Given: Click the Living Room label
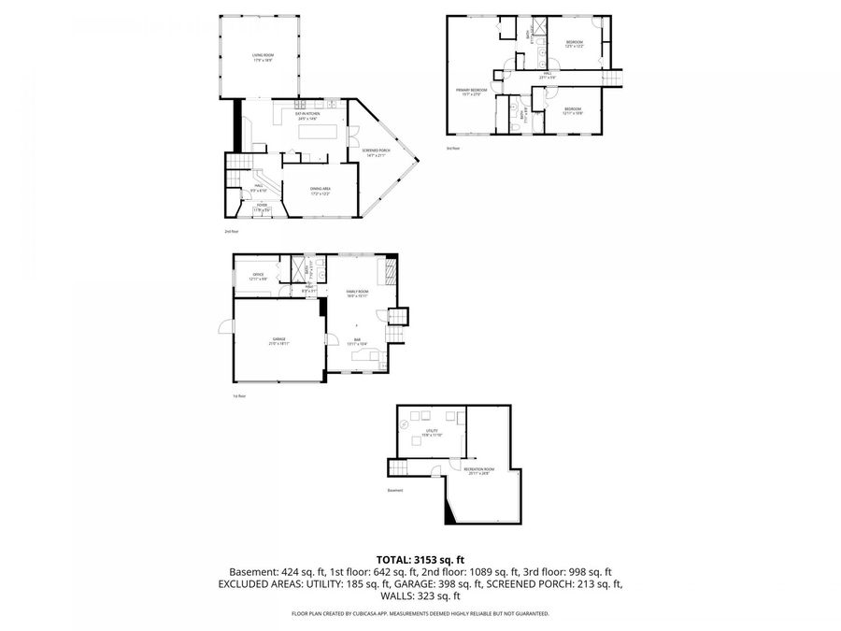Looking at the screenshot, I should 262,58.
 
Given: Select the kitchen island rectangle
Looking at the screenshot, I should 317,132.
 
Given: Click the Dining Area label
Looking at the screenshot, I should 321,191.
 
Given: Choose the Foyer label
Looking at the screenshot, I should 261,208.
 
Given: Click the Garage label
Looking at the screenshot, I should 278,340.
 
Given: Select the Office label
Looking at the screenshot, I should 258,277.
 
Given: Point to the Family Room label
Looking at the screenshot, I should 358,294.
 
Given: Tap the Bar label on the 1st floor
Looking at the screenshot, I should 357,341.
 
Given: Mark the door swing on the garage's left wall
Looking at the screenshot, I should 225,326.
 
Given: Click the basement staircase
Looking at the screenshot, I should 400,466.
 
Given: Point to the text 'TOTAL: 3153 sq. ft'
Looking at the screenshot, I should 420,559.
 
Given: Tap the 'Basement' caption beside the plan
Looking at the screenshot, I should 394,490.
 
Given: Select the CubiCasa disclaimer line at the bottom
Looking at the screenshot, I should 420,614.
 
